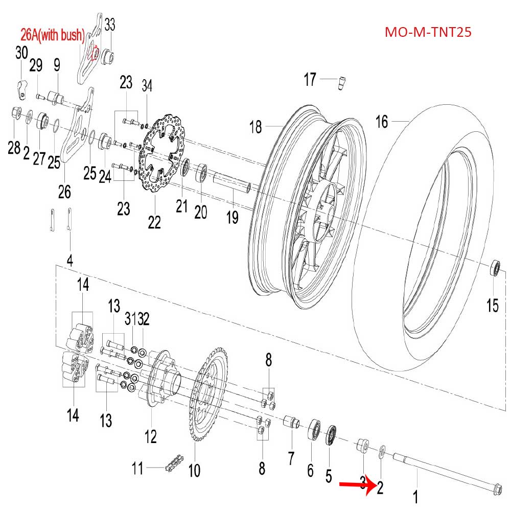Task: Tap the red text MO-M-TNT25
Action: (x=428, y=33)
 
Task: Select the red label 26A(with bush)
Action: (x=52, y=36)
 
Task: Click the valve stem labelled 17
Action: (x=341, y=82)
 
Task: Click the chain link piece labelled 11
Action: (x=172, y=467)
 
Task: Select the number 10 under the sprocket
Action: (x=194, y=470)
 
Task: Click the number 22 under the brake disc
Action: (x=154, y=222)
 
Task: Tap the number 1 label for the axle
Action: (x=415, y=496)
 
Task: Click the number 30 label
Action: (x=21, y=53)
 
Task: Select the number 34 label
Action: (x=147, y=84)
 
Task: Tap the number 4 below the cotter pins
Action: (x=70, y=260)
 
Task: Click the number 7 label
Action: (x=291, y=458)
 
